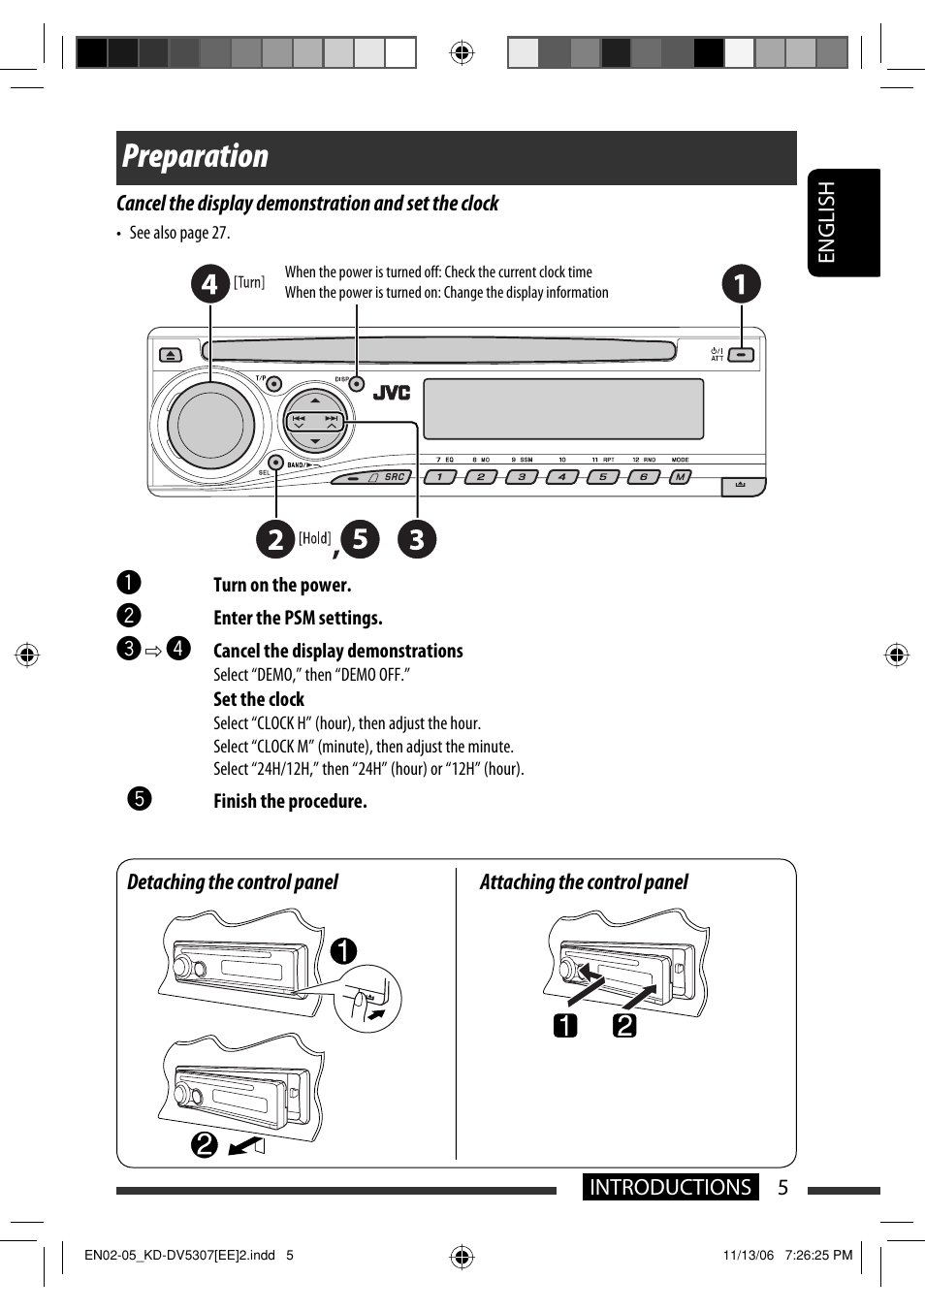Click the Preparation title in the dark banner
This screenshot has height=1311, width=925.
pos(196,156)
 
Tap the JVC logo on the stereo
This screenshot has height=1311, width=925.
pos(392,392)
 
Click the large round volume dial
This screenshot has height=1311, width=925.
pos(209,425)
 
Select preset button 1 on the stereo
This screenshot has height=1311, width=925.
pos(439,477)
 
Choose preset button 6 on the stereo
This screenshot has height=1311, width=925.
pos(643,477)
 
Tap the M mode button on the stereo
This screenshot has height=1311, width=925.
pos(681,477)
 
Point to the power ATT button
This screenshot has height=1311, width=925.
pos(741,355)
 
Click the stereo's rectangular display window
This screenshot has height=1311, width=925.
pos(563,408)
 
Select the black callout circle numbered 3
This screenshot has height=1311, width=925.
pos(417,539)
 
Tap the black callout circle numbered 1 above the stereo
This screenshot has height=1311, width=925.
pos(742,284)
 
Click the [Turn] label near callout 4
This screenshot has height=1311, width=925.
pos(249,282)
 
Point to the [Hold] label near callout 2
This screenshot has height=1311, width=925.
pos(314,538)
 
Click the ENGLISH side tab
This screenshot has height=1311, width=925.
pos(826,222)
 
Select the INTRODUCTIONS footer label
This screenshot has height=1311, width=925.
pos(670,1187)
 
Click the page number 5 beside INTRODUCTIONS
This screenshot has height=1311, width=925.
pos(783,1187)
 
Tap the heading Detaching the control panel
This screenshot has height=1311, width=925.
pos(233,882)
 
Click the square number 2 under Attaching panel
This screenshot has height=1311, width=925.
pos(624,1025)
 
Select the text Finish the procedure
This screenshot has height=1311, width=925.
pos(290,801)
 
